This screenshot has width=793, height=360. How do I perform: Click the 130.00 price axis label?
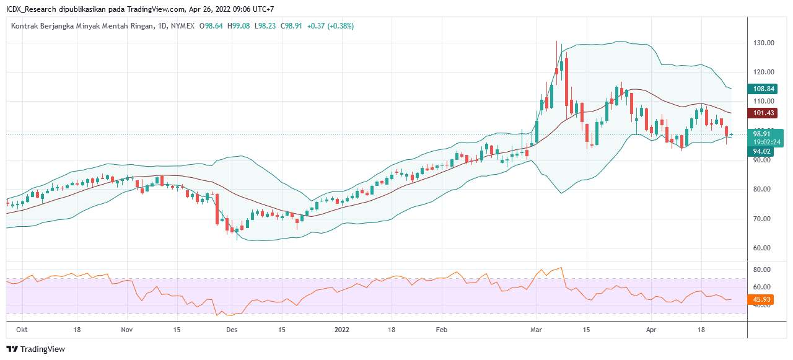coord(763,43)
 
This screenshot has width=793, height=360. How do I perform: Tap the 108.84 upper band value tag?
coord(765,89)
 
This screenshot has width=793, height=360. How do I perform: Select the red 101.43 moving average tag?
coord(765,113)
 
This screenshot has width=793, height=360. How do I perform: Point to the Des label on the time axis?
coord(231,330)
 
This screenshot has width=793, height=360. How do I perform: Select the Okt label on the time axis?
coord(22,330)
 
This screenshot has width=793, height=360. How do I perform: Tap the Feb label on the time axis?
coord(440,330)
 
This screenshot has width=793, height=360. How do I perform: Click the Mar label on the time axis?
coord(537,330)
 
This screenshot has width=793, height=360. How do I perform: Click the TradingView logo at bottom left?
coord(35,349)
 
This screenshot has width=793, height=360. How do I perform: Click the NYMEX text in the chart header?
coord(183,26)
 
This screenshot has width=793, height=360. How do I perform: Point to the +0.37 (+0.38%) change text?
coord(331,26)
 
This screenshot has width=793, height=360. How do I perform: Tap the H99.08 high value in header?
coord(239,26)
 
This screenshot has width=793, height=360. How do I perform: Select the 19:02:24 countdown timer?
coord(766,142)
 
